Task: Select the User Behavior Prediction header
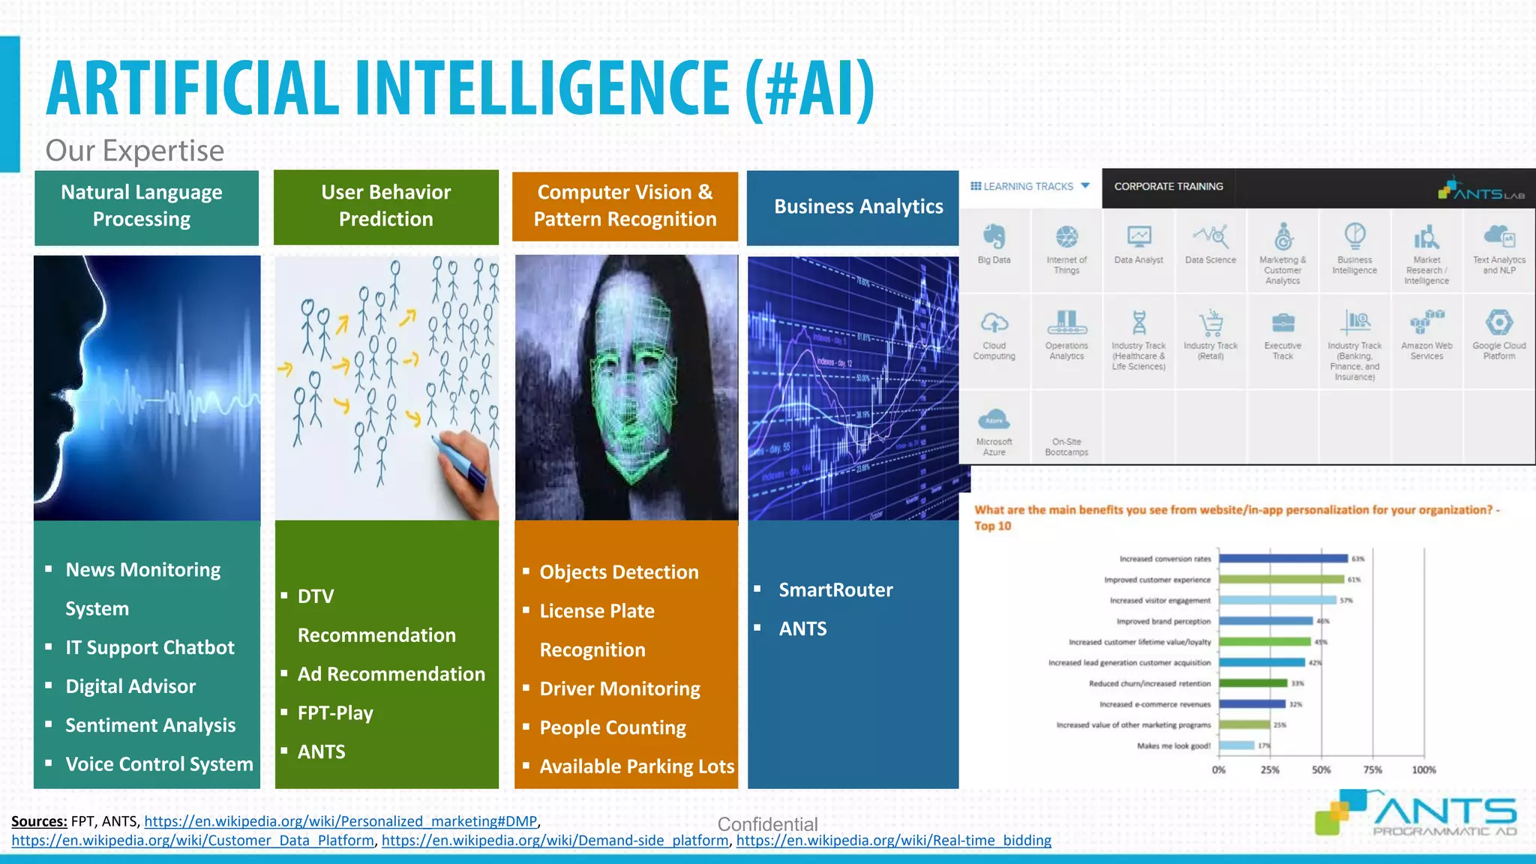pos(385,206)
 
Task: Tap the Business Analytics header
pos(858,207)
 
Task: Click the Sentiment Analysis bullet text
pos(150,725)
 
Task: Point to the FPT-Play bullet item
pos(335,713)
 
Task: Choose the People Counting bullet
pos(612,727)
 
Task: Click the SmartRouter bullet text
pos(835,590)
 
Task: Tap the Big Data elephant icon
pos(994,237)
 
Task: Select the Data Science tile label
pos(1210,260)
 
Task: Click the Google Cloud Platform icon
pos(1498,323)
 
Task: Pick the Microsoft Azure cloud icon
pos(994,419)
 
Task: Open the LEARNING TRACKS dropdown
pos(1030,187)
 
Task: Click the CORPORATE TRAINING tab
pos(1168,187)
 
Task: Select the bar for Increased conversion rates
pos(1282,559)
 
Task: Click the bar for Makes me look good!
pos(1237,745)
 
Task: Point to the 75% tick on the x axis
pos(1372,769)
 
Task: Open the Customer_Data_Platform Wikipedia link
pos(193,841)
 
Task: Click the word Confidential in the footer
pos(767,824)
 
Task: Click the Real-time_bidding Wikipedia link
pos(893,841)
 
